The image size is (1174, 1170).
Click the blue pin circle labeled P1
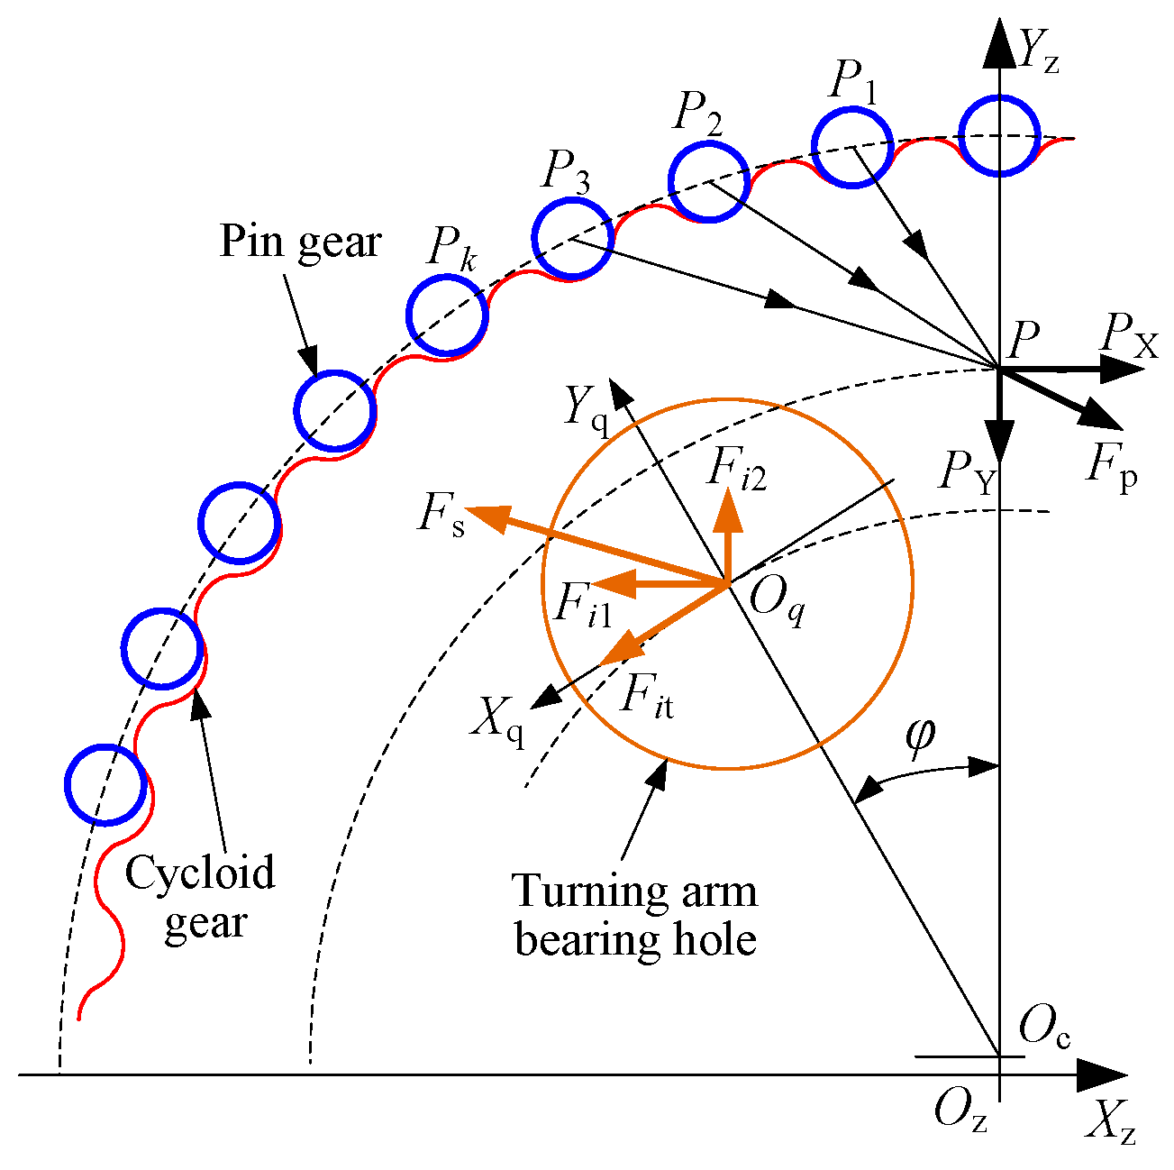[x=851, y=147]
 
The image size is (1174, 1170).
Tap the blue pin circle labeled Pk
[x=447, y=314]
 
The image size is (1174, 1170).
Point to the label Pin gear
[x=300, y=242]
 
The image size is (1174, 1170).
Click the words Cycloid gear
[x=200, y=898]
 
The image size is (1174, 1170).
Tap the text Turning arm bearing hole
[x=635, y=916]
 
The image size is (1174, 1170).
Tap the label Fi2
[x=736, y=470]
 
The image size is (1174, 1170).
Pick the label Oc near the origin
[x=1044, y=1028]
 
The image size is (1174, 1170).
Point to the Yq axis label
[x=586, y=407]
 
